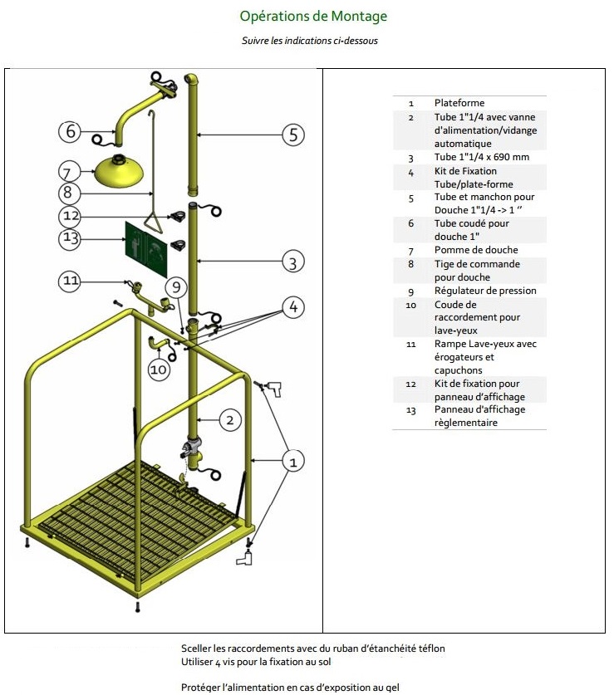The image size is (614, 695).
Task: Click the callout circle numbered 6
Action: [71, 130]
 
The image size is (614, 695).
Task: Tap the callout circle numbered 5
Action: [292, 135]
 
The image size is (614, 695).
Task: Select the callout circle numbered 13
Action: [71, 238]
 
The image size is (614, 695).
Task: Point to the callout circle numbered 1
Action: [292, 459]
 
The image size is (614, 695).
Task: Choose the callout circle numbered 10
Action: [160, 370]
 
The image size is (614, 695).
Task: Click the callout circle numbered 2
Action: [232, 420]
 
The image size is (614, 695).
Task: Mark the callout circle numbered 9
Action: [175, 288]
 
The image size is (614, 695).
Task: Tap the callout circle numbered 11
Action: [71, 281]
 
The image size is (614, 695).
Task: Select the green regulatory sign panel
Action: [145, 248]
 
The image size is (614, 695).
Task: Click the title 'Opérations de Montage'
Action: [313, 16]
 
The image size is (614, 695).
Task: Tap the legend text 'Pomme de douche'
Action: [476, 250]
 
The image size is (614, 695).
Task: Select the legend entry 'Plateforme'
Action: [459, 103]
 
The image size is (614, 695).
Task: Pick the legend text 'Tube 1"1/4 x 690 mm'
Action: [482, 157]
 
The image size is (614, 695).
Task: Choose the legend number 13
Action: [410, 409]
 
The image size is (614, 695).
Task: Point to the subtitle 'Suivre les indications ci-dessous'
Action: [310, 41]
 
